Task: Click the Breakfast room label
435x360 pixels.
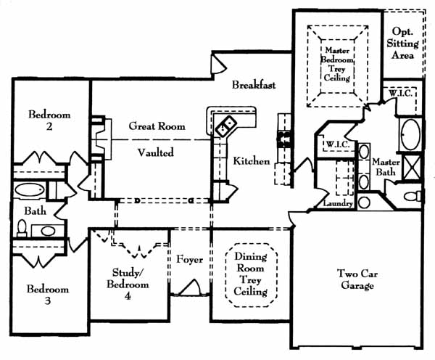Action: pyautogui.click(x=254, y=86)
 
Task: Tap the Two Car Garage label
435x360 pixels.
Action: pyautogui.click(x=355, y=279)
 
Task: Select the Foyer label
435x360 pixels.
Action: pyautogui.click(x=188, y=257)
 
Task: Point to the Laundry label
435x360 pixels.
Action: pyautogui.click(x=339, y=204)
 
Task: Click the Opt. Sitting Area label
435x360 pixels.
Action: pyautogui.click(x=403, y=44)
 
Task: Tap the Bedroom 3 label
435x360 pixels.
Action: pyautogui.click(x=47, y=295)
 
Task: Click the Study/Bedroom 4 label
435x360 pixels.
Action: pyautogui.click(x=130, y=279)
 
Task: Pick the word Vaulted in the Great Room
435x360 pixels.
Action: pyautogui.click(x=156, y=152)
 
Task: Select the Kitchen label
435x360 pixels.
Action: pyautogui.click(x=252, y=160)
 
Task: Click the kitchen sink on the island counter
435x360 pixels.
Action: pyautogui.click(x=225, y=126)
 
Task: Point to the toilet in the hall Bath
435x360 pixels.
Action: pyautogui.click(x=22, y=229)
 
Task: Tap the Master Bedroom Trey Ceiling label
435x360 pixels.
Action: pyautogui.click(x=338, y=62)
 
